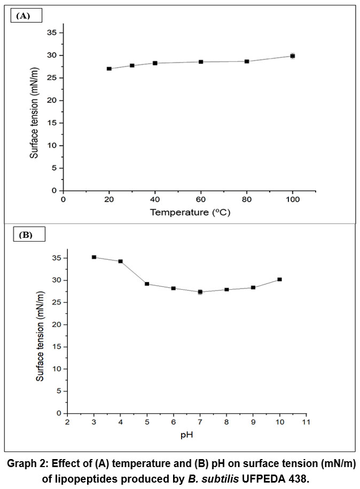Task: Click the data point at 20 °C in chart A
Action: pyautogui.click(x=109, y=68)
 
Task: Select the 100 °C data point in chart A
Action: pyautogui.click(x=293, y=56)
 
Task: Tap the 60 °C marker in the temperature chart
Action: pyautogui.click(x=201, y=62)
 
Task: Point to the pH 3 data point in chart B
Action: pyautogui.click(x=94, y=257)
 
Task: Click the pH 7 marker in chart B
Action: pyautogui.click(x=200, y=292)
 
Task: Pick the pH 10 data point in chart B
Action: pyautogui.click(x=279, y=279)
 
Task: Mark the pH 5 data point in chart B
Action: pyautogui.click(x=147, y=283)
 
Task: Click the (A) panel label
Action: pyautogui.click(x=24, y=17)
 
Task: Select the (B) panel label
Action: pyautogui.click(x=26, y=234)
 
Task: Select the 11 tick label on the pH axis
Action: pyautogui.click(x=306, y=422)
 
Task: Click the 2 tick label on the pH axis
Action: pyautogui.click(x=67, y=422)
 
